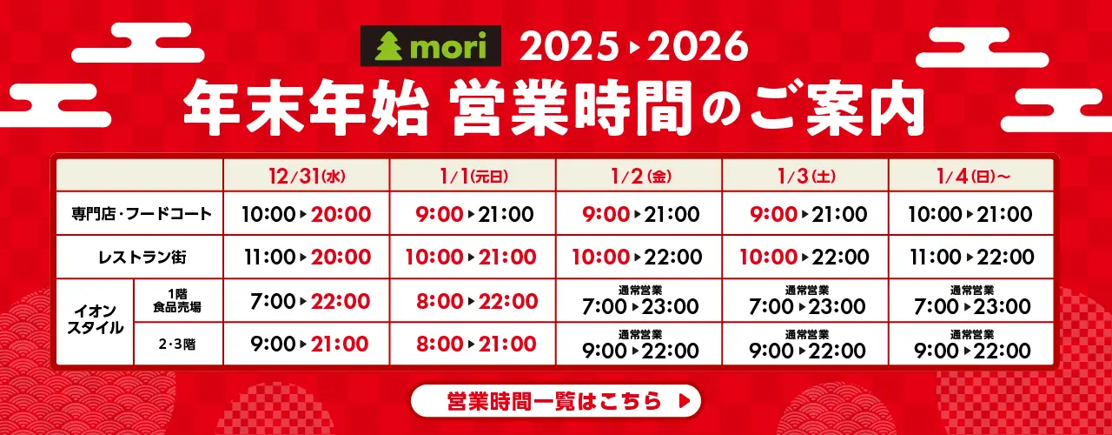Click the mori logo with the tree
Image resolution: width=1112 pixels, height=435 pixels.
(x=430, y=48)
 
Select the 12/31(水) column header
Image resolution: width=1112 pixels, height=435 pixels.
(x=307, y=176)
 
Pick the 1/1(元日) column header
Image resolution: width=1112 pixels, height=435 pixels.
(x=473, y=176)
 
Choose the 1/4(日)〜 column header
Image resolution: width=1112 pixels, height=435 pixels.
(x=971, y=176)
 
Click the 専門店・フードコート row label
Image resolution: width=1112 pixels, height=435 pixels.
(x=141, y=213)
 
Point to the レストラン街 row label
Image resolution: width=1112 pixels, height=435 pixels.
(x=141, y=257)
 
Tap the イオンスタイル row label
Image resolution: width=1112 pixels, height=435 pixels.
(x=96, y=322)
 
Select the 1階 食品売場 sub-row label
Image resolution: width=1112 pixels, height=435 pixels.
(x=178, y=300)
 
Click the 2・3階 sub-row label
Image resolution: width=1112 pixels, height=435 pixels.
(x=178, y=344)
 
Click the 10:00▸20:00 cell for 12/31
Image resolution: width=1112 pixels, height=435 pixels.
(x=307, y=214)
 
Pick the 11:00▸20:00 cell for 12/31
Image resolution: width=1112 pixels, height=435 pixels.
(x=307, y=258)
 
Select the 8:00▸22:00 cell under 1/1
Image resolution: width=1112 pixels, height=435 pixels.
(x=473, y=301)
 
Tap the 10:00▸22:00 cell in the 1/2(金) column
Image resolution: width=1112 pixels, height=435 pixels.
(x=638, y=258)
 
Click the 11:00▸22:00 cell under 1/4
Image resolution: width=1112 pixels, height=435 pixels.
(x=971, y=258)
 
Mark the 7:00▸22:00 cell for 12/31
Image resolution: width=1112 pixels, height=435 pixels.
(x=307, y=301)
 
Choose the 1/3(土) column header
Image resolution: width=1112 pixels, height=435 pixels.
(x=804, y=176)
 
